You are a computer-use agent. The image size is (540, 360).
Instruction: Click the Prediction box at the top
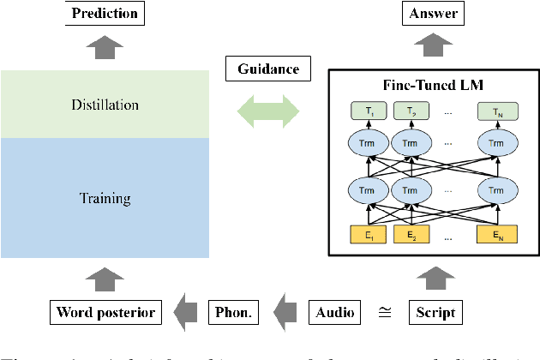(x=105, y=13)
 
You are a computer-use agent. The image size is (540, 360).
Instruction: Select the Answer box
(x=434, y=13)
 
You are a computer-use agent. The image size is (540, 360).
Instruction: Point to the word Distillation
(x=105, y=105)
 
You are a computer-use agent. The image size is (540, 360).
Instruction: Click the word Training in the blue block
(x=105, y=198)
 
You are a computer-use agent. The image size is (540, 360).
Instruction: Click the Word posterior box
(x=105, y=312)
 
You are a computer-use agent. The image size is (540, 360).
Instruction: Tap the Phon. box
(x=234, y=312)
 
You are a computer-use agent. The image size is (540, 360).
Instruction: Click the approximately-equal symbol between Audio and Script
(x=384, y=313)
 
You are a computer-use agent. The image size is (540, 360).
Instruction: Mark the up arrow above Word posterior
(x=105, y=276)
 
